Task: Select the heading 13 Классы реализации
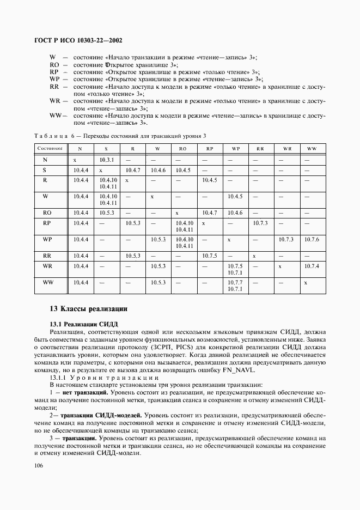tap(88, 309)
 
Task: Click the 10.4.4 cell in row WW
tap(81, 282)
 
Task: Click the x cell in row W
tap(152, 196)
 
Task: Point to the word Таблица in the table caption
tap(53, 135)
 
